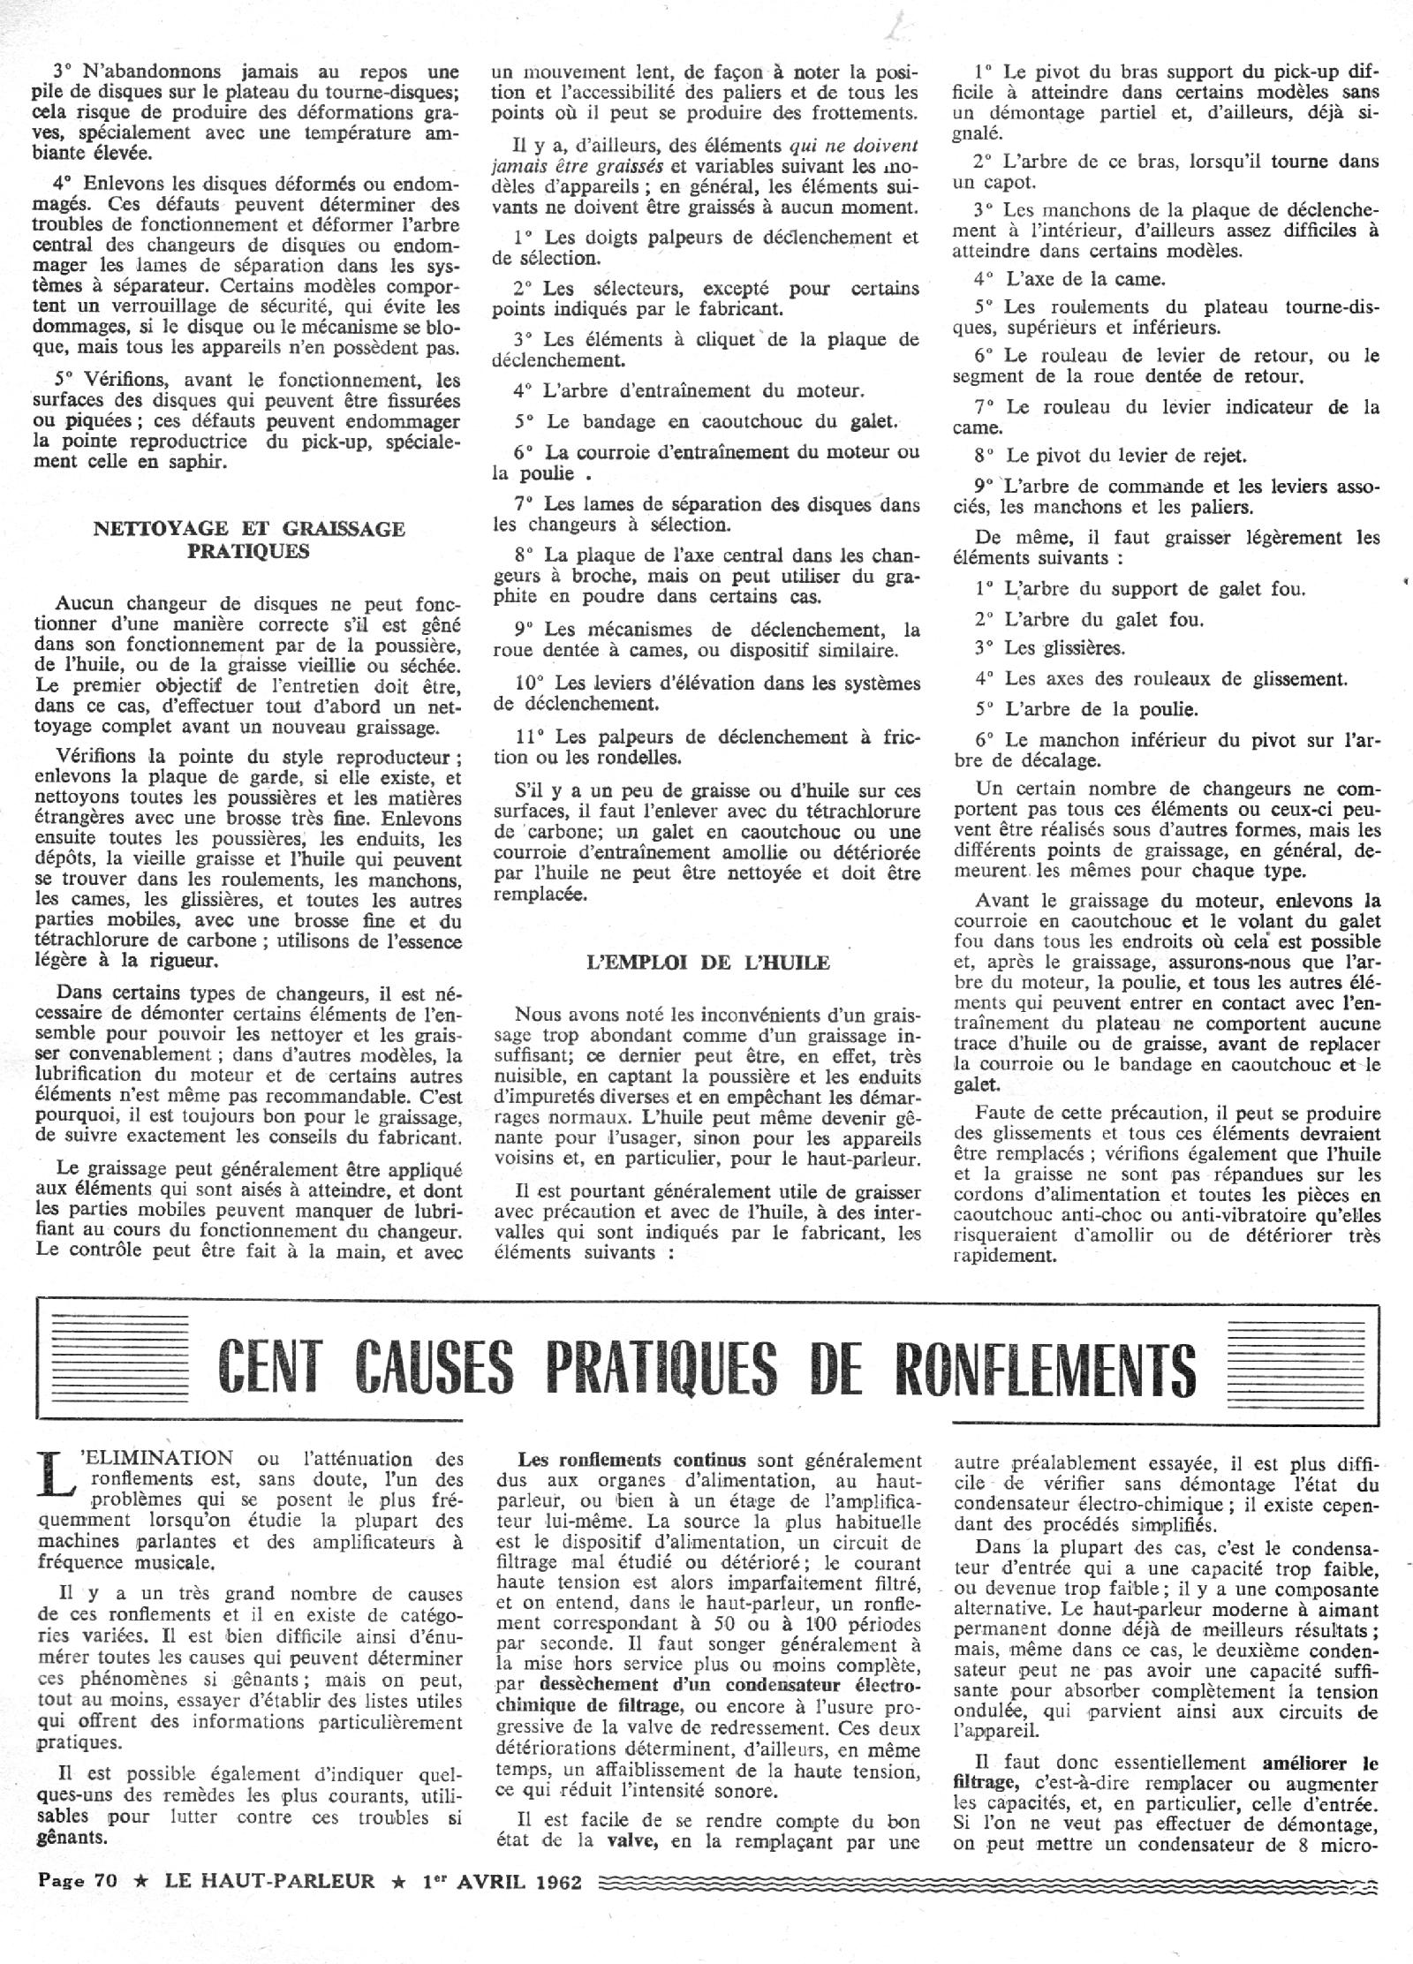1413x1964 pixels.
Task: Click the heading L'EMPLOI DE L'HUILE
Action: point(707,963)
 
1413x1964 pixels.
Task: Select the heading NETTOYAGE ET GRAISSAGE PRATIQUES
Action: point(250,540)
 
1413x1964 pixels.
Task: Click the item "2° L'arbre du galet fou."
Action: point(1089,619)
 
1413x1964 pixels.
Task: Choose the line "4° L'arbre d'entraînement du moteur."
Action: point(690,390)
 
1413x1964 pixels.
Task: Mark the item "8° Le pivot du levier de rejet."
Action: point(1110,457)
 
